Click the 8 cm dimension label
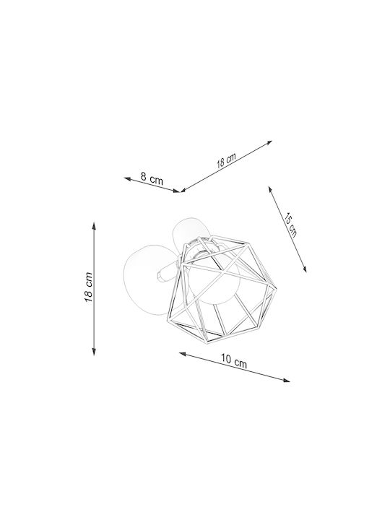152,179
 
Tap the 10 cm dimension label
234,361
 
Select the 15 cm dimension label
290,225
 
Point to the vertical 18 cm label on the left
88,287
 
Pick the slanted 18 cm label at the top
227,160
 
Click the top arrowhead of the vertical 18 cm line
94,225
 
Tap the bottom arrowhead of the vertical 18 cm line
94,352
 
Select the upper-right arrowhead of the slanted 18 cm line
268,142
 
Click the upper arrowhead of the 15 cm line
270,190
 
